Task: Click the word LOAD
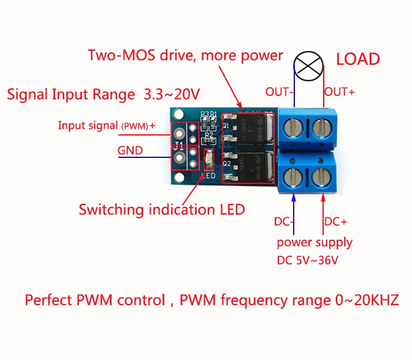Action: (x=357, y=60)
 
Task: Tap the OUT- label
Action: (x=278, y=92)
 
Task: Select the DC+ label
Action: (x=336, y=222)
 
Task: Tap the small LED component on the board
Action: (x=207, y=159)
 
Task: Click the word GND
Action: (x=130, y=150)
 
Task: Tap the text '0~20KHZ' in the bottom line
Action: (x=363, y=300)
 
